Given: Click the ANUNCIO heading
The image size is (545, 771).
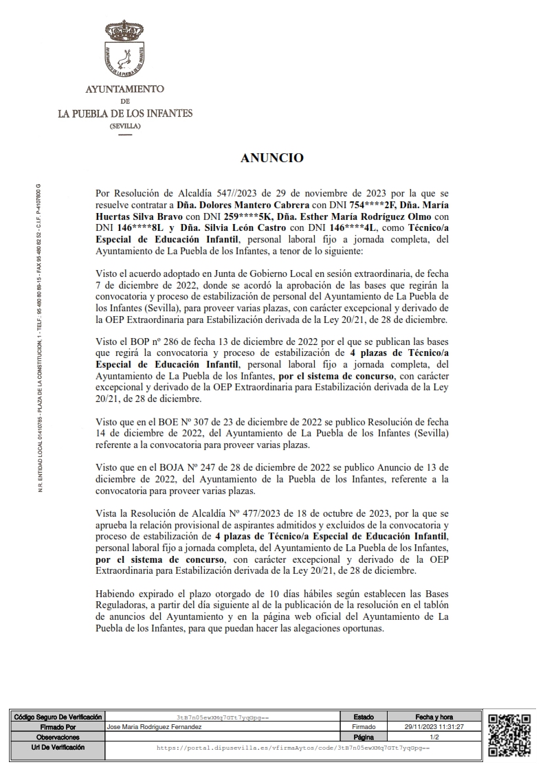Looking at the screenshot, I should tap(272, 158).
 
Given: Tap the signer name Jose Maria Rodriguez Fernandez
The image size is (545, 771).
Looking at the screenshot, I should tap(155, 726).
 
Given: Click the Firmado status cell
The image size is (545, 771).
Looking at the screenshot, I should tap(364, 726).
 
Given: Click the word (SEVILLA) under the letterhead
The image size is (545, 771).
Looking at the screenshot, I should tap(124, 127).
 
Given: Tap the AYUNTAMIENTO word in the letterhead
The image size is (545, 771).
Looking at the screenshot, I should tap(124, 90).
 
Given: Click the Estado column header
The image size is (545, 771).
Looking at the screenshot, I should tap(364, 717).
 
